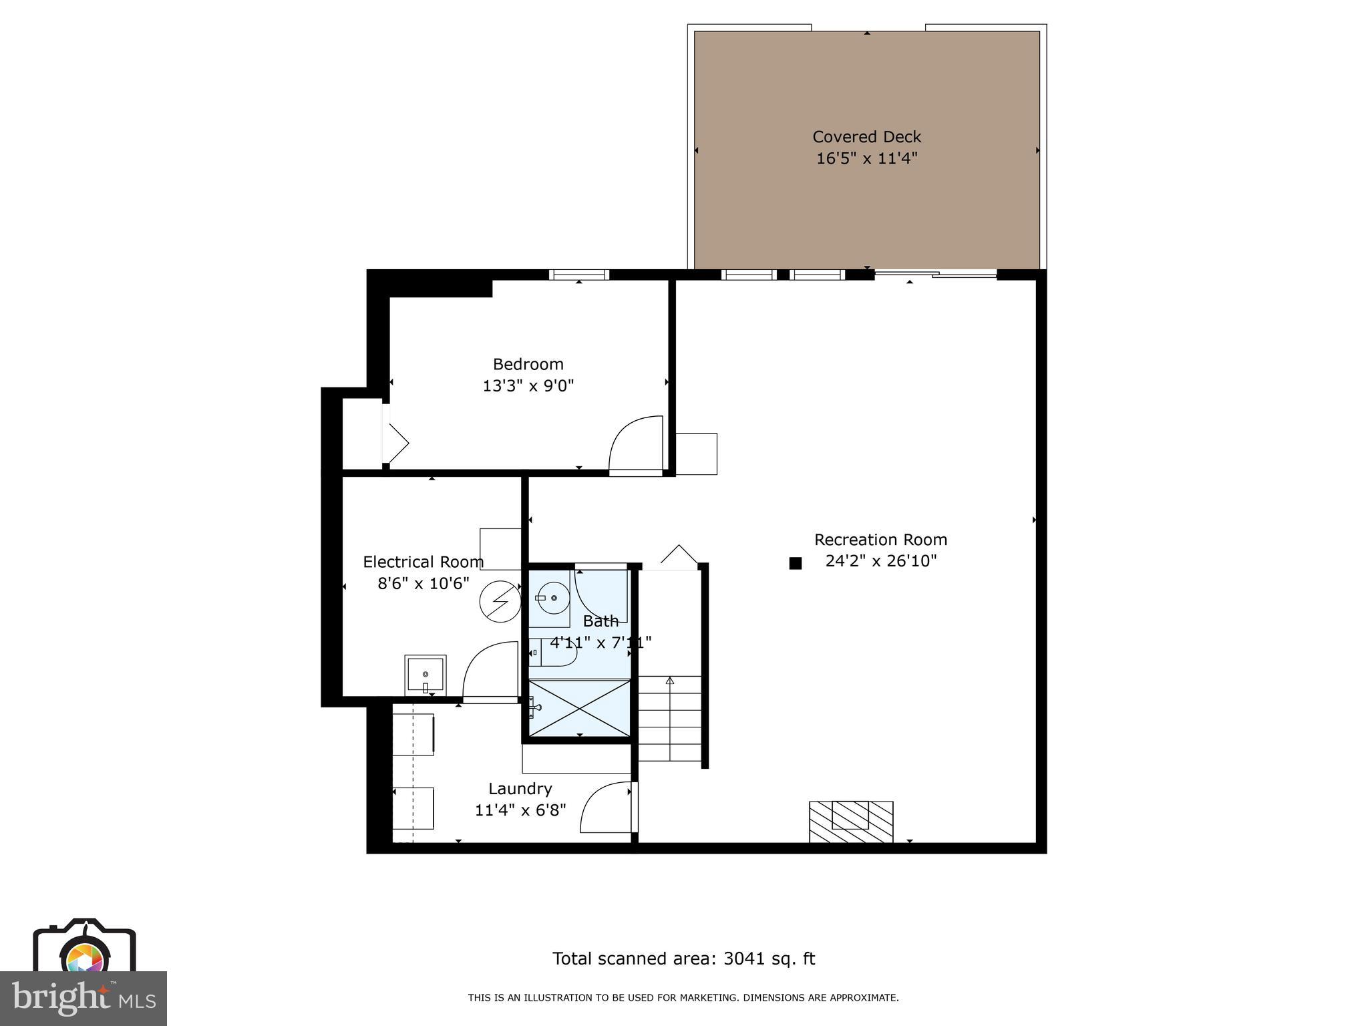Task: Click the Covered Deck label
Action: [x=866, y=137]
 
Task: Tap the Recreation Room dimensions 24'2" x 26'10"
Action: [x=880, y=561]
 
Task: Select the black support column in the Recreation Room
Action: [x=795, y=563]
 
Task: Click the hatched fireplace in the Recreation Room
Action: [x=851, y=822]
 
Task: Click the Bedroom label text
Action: [x=528, y=364]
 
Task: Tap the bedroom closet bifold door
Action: [x=395, y=434]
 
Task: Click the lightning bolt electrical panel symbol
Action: [x=500, y=602]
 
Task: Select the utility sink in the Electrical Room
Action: [x=425, y=675]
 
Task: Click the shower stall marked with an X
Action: [x=579, y=708]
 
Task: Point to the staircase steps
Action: [x=669, y=718]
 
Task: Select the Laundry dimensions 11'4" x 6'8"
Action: [x=520, y=810]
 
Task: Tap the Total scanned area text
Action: [x=683, y=959]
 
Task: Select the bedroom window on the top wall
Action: [x=579, y=275]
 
